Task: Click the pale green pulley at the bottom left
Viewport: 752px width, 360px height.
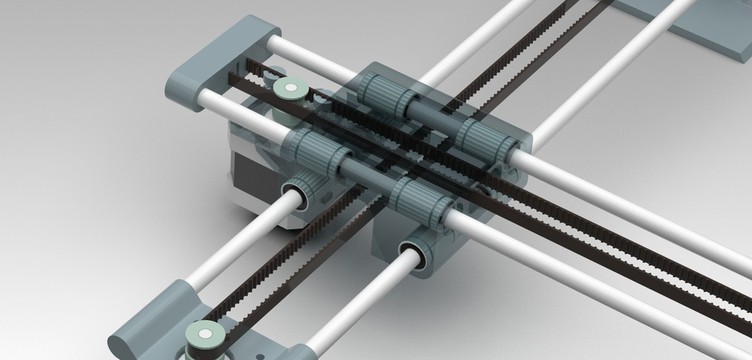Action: click(205, 337)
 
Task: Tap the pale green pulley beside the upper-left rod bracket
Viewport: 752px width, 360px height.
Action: click(290, 89)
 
